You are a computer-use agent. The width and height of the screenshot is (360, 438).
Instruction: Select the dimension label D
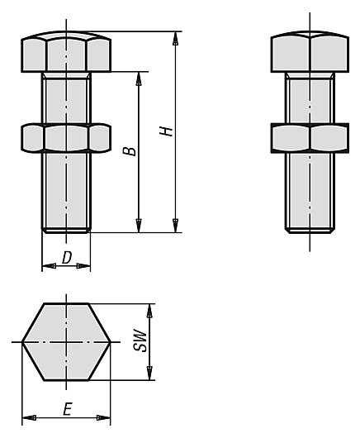pos(66,257)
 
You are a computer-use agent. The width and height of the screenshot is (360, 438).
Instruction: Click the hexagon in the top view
pos(66,342)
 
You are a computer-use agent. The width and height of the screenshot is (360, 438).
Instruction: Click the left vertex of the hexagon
pos(22,342)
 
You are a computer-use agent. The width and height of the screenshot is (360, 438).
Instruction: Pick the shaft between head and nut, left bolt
pos(65,97)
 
